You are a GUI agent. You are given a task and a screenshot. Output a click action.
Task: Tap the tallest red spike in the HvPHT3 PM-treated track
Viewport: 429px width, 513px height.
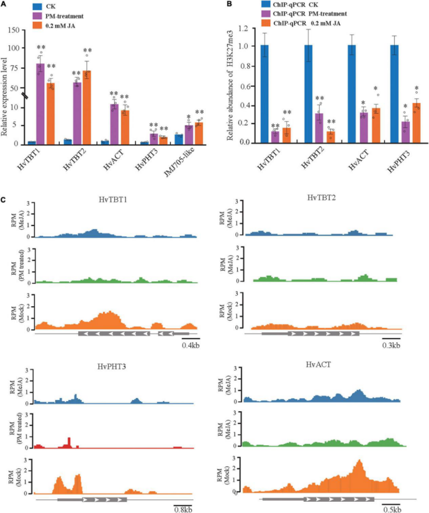69,442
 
